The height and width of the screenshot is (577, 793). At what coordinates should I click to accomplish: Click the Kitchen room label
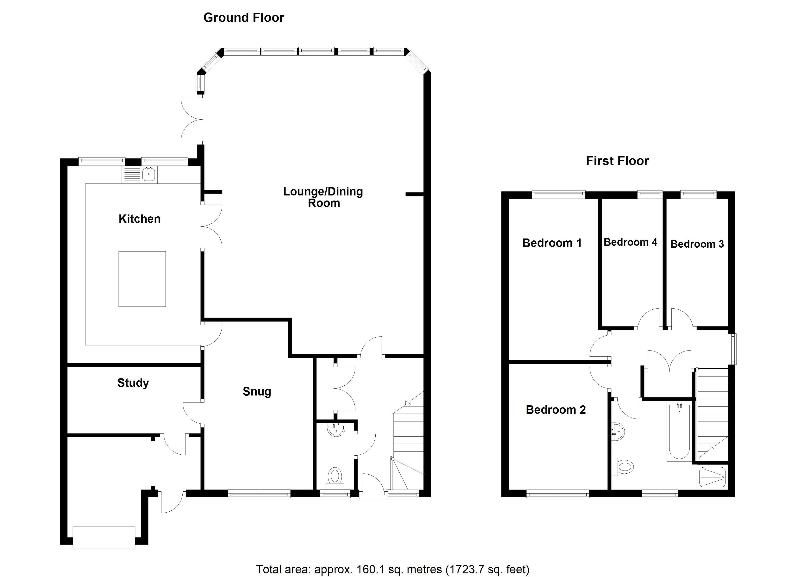(x=140, y=219)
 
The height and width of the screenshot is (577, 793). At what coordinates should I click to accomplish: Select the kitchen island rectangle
(x=142, y=279)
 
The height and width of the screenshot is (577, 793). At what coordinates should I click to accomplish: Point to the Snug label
(x=257, y=392)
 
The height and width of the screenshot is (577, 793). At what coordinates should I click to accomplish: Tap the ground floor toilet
(x=335, y=478)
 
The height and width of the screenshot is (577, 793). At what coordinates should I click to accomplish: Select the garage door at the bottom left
(x=104, y=537)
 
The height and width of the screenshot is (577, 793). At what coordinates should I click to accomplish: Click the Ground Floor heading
(x=244, y=18)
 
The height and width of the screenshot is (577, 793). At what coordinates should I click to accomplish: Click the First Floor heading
(x=617, y=161)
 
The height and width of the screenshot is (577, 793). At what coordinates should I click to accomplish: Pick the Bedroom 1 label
(x=552, y=243)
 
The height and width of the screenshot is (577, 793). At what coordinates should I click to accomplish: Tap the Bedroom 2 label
(x=556, y=410)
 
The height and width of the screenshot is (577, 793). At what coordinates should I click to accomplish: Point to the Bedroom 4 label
(x=630, y=242)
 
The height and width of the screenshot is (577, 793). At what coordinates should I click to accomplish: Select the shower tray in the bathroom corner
(x=712, y=477)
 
